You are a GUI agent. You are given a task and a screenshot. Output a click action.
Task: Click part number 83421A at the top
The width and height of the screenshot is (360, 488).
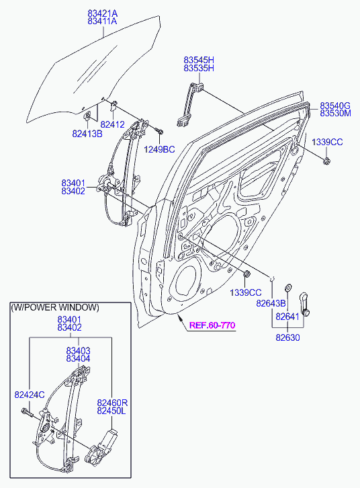coord(102,13)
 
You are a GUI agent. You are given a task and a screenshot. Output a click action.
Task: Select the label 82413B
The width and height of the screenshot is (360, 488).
coord(87,134)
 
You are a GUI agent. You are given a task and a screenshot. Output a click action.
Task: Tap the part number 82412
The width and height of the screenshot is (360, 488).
coord(113,124)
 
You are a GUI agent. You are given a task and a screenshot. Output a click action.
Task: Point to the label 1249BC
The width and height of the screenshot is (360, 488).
coord(159,149)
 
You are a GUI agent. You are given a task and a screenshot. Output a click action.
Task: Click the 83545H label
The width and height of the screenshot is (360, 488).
coord(199,60)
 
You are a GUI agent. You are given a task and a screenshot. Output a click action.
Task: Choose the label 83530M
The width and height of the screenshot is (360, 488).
coord(335,114)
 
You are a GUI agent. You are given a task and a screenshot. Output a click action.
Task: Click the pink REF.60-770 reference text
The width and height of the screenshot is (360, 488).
coord(212,325)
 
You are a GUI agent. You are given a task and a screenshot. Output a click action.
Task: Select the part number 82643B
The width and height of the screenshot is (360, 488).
coord(271,303)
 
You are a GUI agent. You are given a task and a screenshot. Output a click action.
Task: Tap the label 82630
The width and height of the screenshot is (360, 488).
coord(287,337)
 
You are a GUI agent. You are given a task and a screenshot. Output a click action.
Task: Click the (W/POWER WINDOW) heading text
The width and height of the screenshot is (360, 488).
coord(55,307)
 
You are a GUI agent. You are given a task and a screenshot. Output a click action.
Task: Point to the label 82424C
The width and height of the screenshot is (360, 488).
coord(30,395)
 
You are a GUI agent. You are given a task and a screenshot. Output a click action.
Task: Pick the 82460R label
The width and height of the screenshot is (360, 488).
coord(112,403)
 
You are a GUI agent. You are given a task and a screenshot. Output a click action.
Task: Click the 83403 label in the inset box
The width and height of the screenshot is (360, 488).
coord(78,350)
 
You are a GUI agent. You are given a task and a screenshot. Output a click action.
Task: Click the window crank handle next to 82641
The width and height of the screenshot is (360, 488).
coord(304,304)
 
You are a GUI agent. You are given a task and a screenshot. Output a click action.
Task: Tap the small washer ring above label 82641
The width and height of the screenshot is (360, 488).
coord(288,287)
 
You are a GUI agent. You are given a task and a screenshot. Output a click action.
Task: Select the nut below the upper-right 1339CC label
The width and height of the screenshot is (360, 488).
coord(326,161)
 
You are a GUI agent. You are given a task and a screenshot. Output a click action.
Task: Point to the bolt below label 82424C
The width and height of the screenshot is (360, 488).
coord(27,413)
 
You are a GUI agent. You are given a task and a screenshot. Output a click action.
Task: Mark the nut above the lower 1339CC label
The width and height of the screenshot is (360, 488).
coord(246,274)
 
